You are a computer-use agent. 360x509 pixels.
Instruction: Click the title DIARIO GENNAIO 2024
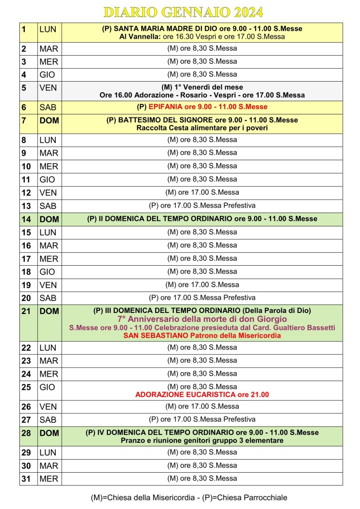[x=183, y=12]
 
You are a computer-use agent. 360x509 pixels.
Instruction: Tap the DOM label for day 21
[x=49, y=311]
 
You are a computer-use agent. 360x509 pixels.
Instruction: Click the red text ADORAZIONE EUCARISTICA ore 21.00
[x=202, y=395]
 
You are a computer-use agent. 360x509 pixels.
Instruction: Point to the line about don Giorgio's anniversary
[x=202, y=319]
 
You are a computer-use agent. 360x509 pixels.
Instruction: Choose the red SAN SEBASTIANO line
[x=202, y=336]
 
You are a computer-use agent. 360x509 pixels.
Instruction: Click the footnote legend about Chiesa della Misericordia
[x=189, y=497]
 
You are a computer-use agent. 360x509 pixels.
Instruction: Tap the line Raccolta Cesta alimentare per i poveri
[x=202, y=128]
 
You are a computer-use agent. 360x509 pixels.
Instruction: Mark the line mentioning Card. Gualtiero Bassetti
[x=202, y=327]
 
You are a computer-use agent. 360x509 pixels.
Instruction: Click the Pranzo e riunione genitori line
[x=202, y=441]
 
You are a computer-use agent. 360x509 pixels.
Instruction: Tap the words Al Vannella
[x=137, y=37]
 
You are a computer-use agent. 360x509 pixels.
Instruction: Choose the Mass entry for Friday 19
[x=202, y=285]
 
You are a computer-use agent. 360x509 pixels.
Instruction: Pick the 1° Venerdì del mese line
[x=202, y=87]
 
